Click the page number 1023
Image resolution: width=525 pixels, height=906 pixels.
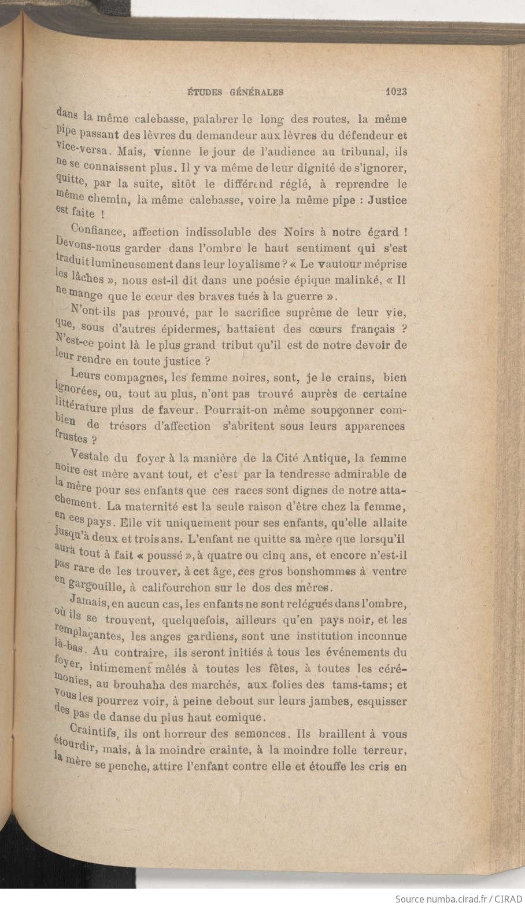pyautogui.click(x=395, y=91)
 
